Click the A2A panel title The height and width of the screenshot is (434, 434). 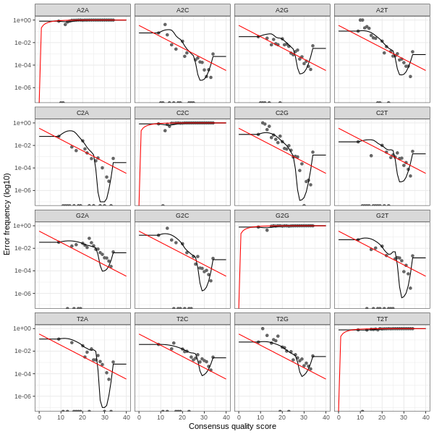click(82, 9)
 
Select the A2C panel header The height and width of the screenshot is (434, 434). click(182, 9)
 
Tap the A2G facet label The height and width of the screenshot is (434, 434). click(282, 9)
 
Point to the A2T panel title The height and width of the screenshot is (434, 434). click(382, 9)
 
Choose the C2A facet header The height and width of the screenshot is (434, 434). click(82, 113)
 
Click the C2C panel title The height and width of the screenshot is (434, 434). click(182, 113)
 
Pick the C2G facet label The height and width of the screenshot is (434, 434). click(282, 113)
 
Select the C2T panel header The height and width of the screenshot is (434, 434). click(382, 113)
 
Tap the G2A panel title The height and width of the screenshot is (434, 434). click(82, 216)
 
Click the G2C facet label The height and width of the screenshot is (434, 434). click(182, 216)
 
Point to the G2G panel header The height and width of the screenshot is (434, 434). click(282, 216)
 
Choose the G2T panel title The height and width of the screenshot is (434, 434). click(382, 216)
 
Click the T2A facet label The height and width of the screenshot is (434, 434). click(82, 318)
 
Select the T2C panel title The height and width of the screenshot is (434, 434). click(182, 318)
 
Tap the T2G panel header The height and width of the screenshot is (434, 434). click(282, 318)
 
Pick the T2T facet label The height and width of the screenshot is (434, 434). click(382, 318)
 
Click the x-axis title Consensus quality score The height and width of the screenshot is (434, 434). click(232, 427)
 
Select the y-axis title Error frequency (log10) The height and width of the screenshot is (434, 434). click(7, 214)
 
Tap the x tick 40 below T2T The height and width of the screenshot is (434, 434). click(425, 417)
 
